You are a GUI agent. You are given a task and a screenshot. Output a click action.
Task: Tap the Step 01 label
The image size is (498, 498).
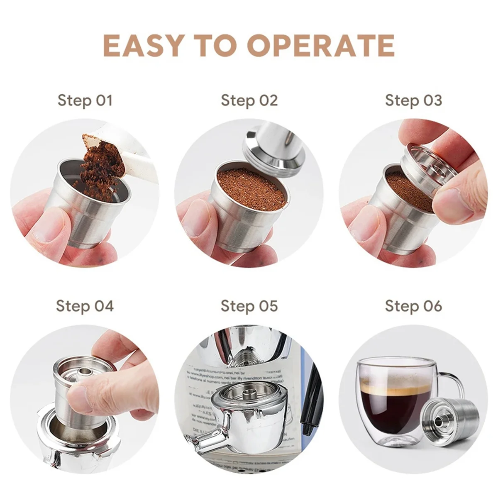[x=85, y=100]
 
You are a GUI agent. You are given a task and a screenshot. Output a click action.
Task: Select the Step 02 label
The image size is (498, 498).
[x=249, y=100]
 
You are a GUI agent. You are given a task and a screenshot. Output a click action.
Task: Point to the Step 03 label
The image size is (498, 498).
[x=413, y=100]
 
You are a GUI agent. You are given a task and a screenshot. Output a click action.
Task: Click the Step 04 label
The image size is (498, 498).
[x=85, y=306]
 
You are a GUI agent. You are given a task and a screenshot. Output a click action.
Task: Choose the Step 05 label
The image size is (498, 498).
[x=249, y=306]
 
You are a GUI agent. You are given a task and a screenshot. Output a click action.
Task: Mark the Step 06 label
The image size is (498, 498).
[x=413, y=306]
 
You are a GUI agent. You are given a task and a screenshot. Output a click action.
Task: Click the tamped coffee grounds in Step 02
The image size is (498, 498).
[x=251, y=185]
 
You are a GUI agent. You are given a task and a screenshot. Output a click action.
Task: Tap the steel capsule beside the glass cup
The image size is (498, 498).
[x=448, y=423]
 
